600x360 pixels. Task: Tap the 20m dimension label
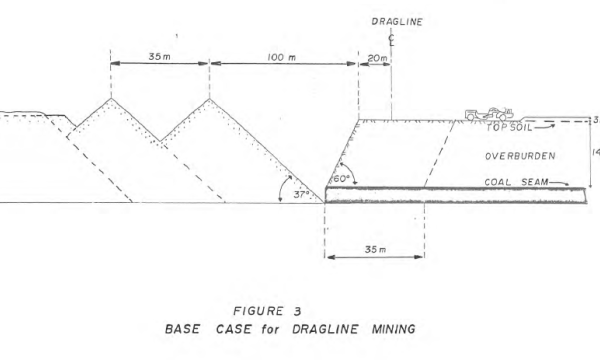(x=377, y=59)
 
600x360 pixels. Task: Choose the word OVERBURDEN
(x=518, y=157)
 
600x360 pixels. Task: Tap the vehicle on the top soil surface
(x=490, y=114)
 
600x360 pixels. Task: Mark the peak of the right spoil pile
(x=209, y=98)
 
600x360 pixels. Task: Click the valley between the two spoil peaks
(x=160, y=140)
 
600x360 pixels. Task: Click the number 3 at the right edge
(x=595, y=121)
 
